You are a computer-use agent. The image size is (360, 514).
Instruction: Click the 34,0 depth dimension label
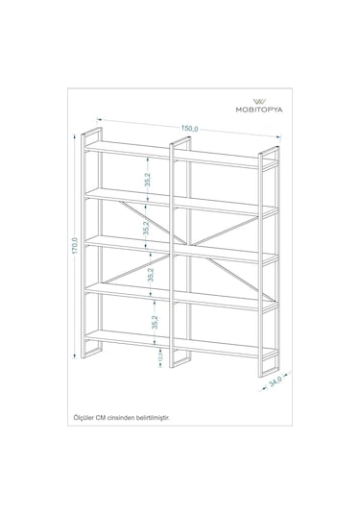tap(276, 382)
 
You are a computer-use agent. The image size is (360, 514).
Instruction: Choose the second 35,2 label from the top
tap(147, 228)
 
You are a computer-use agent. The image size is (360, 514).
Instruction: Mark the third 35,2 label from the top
tap(151, 276)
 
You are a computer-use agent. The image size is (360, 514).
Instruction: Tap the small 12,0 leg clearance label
tap(159, 358)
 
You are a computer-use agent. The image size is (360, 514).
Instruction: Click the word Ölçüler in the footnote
tap(84, 418)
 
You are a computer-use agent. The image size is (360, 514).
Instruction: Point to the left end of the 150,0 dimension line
tap(97, 119)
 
